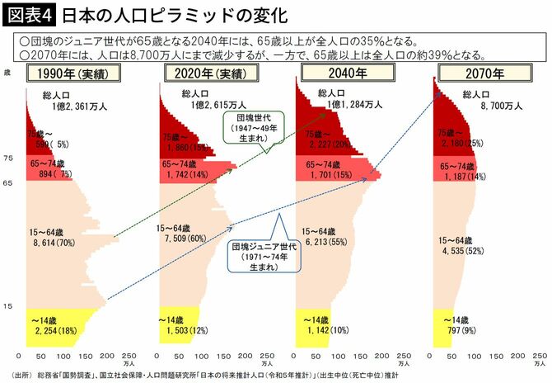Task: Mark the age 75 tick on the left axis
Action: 8,158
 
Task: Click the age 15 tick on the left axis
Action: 8,306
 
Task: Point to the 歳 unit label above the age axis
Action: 7,73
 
